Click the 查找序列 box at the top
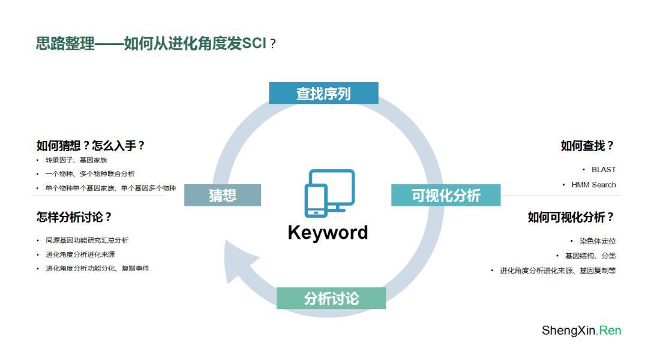tap(323, 94)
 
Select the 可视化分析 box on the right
tap(446, 196)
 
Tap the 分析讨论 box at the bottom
tap(331, 298)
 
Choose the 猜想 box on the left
tap(223, 195)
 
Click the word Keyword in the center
tap(328, 232)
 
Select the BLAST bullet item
tap(603, 169)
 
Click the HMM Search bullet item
tap(593, 185)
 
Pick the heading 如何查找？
tap(587, 146)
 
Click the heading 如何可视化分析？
tap(571, 217)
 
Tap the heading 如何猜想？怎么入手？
tap(91, 146)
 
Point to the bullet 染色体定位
tap(597, 241)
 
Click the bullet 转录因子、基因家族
tap(76, 160)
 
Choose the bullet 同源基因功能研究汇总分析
tap(87, 240)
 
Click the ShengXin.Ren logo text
tap(581, 331)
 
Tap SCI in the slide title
tap(254, 44)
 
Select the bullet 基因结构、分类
tap(590, 256)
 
